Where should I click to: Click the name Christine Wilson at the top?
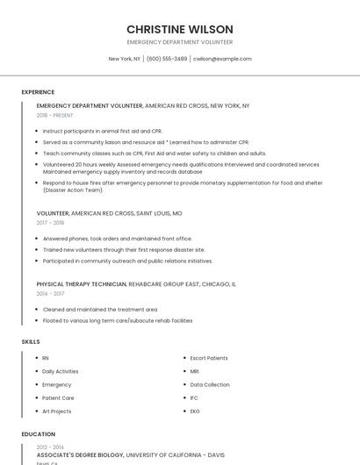click(179, 29)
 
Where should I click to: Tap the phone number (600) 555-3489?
click(167, 59)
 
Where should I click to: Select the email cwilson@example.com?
click(222, 59)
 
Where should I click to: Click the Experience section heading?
click(38, 91)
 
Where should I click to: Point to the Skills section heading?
click(31, 341)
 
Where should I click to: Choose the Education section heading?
click(38, 434)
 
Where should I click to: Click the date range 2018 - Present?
click(55, 115)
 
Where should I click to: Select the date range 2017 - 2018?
click(50, 223)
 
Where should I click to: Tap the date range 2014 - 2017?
click(50, 294)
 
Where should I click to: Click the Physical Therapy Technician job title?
click(82, 284)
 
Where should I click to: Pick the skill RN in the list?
click(46, 358)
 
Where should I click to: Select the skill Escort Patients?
click(209, 358)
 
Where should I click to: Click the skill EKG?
click(195, 411)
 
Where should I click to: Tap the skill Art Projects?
click(57, 411)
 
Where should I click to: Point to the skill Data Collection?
click(210, 384)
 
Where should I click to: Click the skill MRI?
click(195, 371)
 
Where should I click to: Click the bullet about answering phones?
click(117, 238)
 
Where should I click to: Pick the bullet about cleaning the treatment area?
click(100, 309)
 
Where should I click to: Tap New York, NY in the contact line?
click(124, 59)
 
